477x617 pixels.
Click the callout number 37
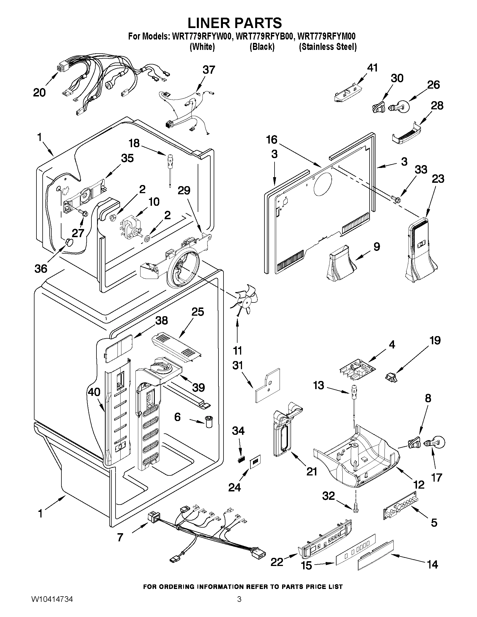pos(209,70)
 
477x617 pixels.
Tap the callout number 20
pos(39,93)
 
